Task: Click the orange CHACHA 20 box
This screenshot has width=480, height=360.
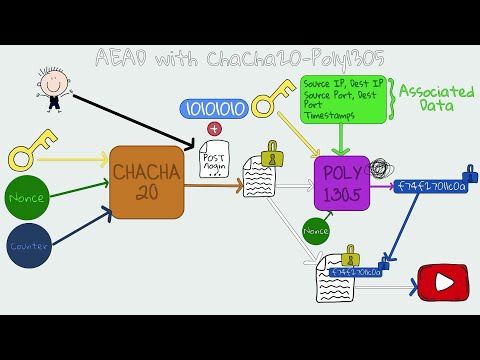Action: coord(148,181)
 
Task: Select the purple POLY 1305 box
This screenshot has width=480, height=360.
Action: coord(342,182)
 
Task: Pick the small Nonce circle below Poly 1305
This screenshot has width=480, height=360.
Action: coord(315,232)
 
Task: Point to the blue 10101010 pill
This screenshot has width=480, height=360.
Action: coord(212,108)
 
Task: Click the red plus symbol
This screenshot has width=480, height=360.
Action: coord(213,128)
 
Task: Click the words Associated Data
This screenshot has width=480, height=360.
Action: coord(436,98)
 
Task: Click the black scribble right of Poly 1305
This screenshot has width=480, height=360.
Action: coord(379,170)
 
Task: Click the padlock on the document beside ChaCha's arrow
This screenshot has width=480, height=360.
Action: coord(270,154)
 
